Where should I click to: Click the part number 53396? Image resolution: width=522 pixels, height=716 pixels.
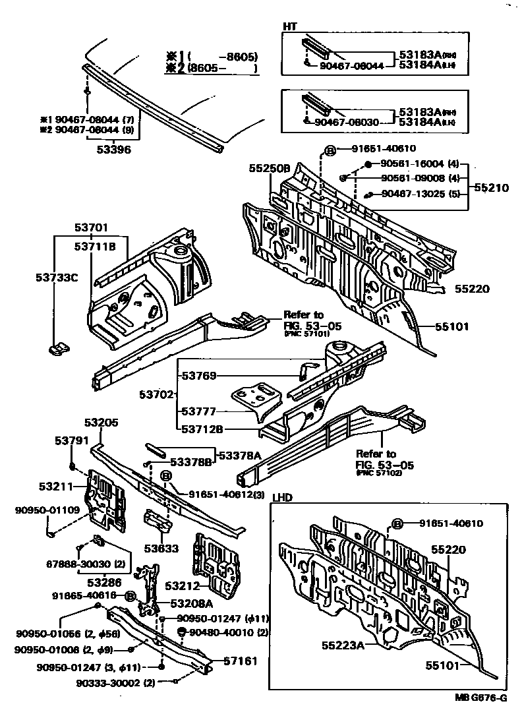pyautogui.click(x=113, y=150)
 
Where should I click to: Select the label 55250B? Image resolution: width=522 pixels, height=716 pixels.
pyautogui.click(x=269, y=169)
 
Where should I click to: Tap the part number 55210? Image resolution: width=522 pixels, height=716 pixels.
pyautogui.click(x=490, y=187)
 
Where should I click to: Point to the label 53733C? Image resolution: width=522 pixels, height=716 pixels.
pyautogui.click(x=56, y=277)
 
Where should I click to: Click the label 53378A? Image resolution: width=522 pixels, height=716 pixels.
pyautogui.click(x=240, y=454)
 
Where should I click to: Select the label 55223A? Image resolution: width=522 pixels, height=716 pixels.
pyautogui.click(x=343, y=645)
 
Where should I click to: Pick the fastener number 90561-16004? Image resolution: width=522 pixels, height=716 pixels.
pyautogui.click(x=413, y=164)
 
